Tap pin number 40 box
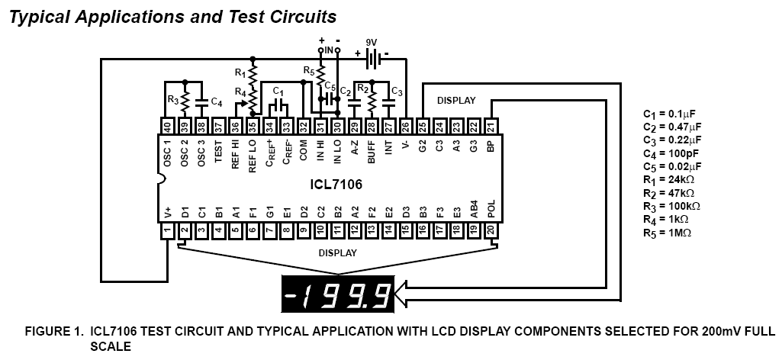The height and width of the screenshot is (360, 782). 167,127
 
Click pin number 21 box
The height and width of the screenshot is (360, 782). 491,127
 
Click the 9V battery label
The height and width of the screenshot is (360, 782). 372,43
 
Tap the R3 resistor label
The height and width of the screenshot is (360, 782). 172,99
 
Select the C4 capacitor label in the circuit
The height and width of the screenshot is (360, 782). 217,101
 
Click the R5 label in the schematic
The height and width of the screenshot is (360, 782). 308,70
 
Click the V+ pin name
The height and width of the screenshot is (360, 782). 167,211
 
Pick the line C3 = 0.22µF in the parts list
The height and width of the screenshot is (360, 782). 671,140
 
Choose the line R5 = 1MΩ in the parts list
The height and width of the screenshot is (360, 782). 669,232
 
